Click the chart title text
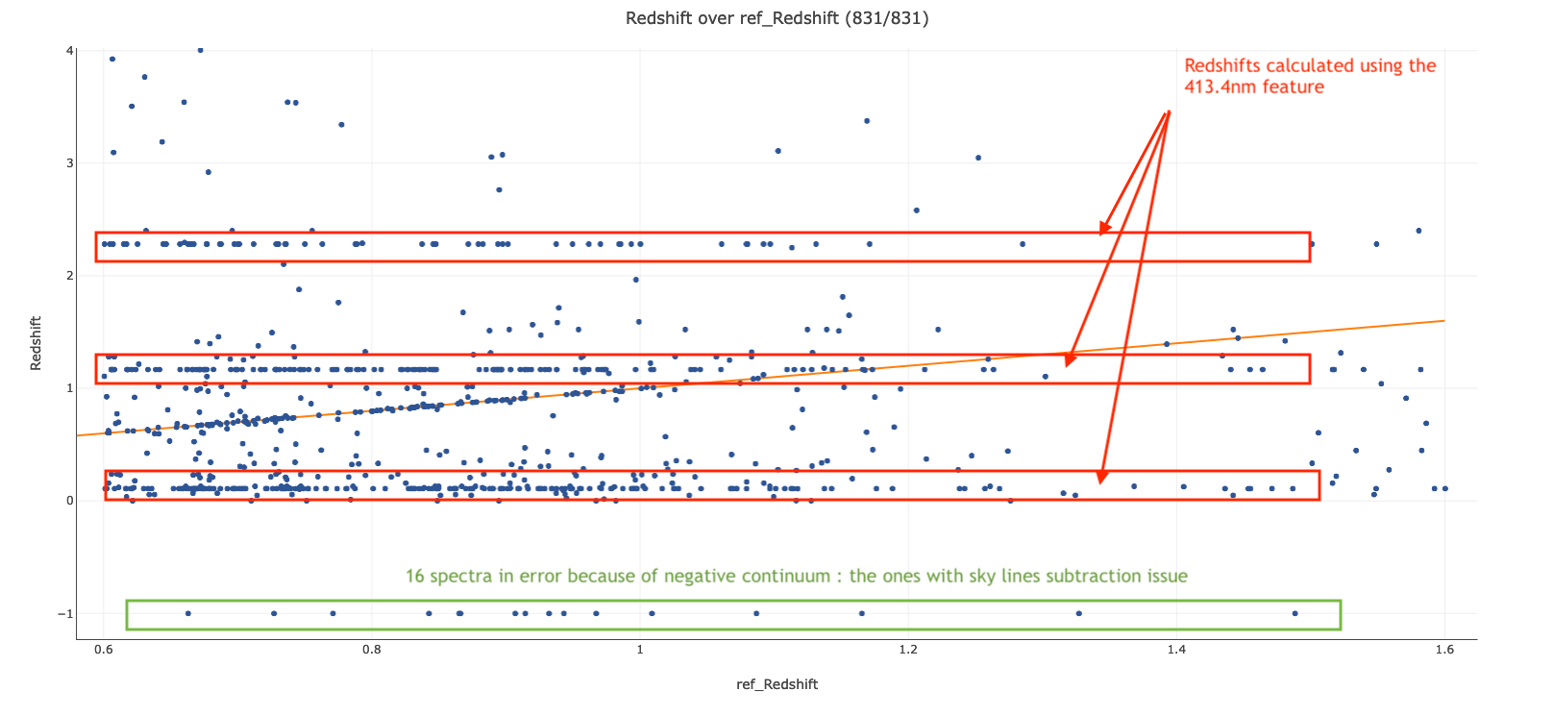777,18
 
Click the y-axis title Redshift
37,343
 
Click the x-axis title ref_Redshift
777,684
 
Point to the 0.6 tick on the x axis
103,650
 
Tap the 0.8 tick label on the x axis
371,650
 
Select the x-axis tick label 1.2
907,650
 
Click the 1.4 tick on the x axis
1175,650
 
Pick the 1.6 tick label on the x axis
1443,650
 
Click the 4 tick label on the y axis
69,51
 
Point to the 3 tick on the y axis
69,163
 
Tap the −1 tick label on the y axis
65,614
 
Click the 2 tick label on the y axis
69,276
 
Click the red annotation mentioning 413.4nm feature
1309,76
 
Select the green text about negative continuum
796,577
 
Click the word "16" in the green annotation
415,577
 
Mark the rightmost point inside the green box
1295,613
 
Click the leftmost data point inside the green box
187,613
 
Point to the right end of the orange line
1443,321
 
